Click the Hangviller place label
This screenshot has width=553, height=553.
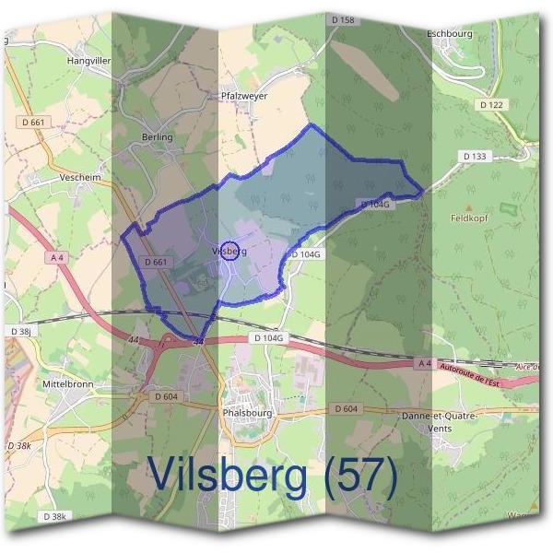coord(88,61)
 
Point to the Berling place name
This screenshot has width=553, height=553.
coord(157,137)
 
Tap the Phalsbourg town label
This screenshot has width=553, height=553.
coord(248,414)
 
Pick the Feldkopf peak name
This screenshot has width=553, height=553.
coord(468,218)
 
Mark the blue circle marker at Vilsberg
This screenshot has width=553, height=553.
coord(231,251)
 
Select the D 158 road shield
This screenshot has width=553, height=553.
coord(341,19)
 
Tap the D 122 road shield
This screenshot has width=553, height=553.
coord(492,105)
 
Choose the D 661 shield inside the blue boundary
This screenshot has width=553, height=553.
coord(157,263)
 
